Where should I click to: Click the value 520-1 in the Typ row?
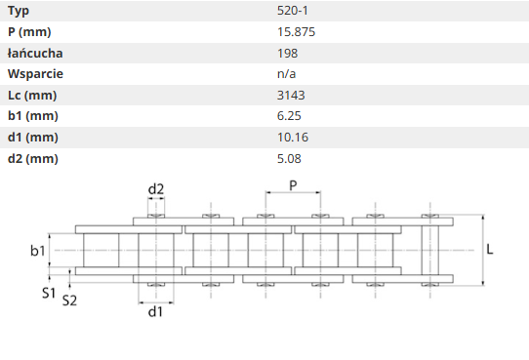pyautogui.click(x=293, y=11)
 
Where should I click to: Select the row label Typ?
pyautogui.click(x=19, y=12)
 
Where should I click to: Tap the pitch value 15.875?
pyautogui.click(x=296, y=32)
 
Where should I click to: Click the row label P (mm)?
pyautogui.click(x=29, y=32)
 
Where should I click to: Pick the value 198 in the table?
pyautogui.click(x=288, y=54)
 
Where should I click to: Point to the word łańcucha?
pyautogui.click(x=35, y=54)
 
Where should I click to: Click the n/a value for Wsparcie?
pyautogui.click(x=286, y=74)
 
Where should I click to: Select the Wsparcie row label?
pyautogui.click(x=35, y=74)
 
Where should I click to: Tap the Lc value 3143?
pyautogui.click(x=291, y=96)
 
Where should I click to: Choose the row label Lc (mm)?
pyautogui.click(x=32, y=96)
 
